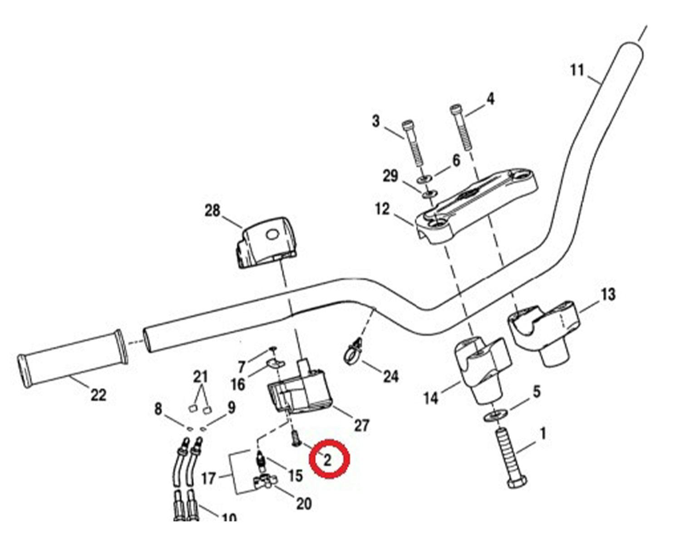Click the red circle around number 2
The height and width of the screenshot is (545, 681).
point(329,459)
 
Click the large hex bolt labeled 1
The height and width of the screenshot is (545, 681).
point(511,459)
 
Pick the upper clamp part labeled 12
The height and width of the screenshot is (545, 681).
point(477,204)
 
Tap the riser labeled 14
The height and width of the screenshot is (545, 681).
point(481,368)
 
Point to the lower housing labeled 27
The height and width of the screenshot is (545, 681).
point(297,391)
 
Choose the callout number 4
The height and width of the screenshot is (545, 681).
point(490,99)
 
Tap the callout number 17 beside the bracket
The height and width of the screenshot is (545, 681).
point(208,478)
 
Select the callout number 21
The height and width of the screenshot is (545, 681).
point(200,377)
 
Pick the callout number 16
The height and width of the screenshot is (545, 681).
point(238,385)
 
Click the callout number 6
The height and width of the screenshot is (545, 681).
point(456,160)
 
